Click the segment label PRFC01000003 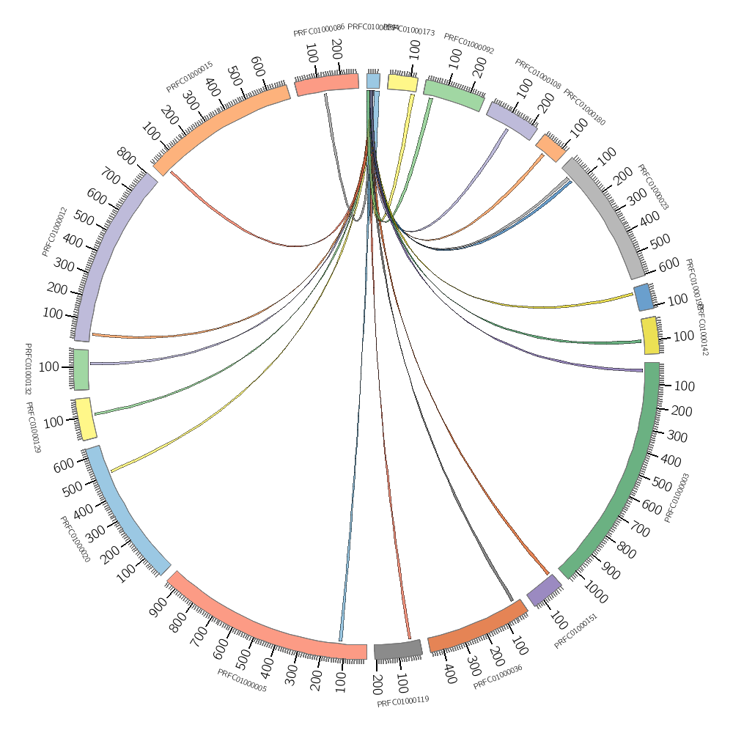[677, 498]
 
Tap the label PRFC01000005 [242, 681]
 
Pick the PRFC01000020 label [75, 539]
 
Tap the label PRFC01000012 [54, 232]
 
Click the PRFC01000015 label [189, 77]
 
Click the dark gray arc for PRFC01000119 [398, 649]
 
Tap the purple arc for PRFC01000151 [544, 590]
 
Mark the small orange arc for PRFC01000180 [550, 147]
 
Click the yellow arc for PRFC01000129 [85, 419]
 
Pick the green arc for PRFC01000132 [81, 369]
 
